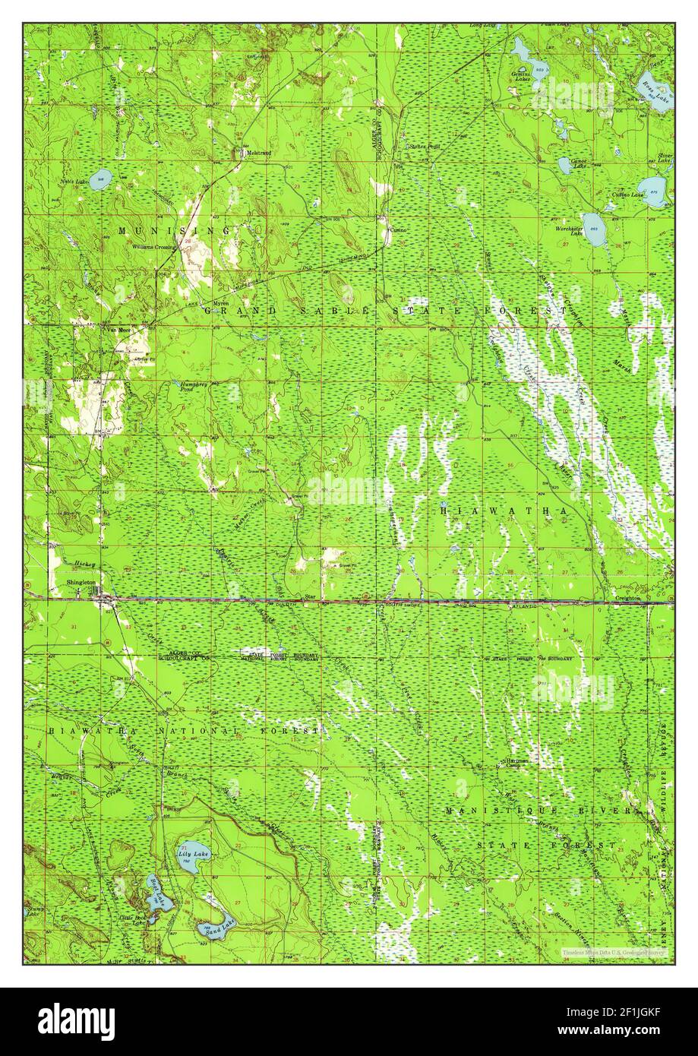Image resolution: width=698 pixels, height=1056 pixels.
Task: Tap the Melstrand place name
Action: coord(257,153)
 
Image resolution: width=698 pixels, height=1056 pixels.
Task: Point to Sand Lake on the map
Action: coord(209,928)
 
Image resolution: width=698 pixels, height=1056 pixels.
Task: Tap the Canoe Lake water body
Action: coord(564,163)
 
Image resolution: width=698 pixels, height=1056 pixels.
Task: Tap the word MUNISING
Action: coord(173,229)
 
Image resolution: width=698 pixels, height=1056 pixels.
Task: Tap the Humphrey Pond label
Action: coord(193,387)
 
